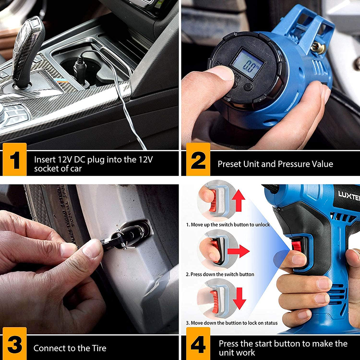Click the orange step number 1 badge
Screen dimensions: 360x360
[15, 159]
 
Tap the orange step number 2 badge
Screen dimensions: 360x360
[198, 159]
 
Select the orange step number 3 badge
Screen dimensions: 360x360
[15, 343]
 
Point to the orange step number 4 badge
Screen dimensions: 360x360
[198, 343]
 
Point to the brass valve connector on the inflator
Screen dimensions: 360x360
[318, 48]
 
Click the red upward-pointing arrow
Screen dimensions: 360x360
[238, 200]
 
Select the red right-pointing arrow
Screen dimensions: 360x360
[238, 251]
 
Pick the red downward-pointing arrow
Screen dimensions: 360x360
[239, 298]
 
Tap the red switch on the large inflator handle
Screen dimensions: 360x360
[297, 246]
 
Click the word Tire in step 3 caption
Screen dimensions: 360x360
[99, 348]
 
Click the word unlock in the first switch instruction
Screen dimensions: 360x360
[262, 225]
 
